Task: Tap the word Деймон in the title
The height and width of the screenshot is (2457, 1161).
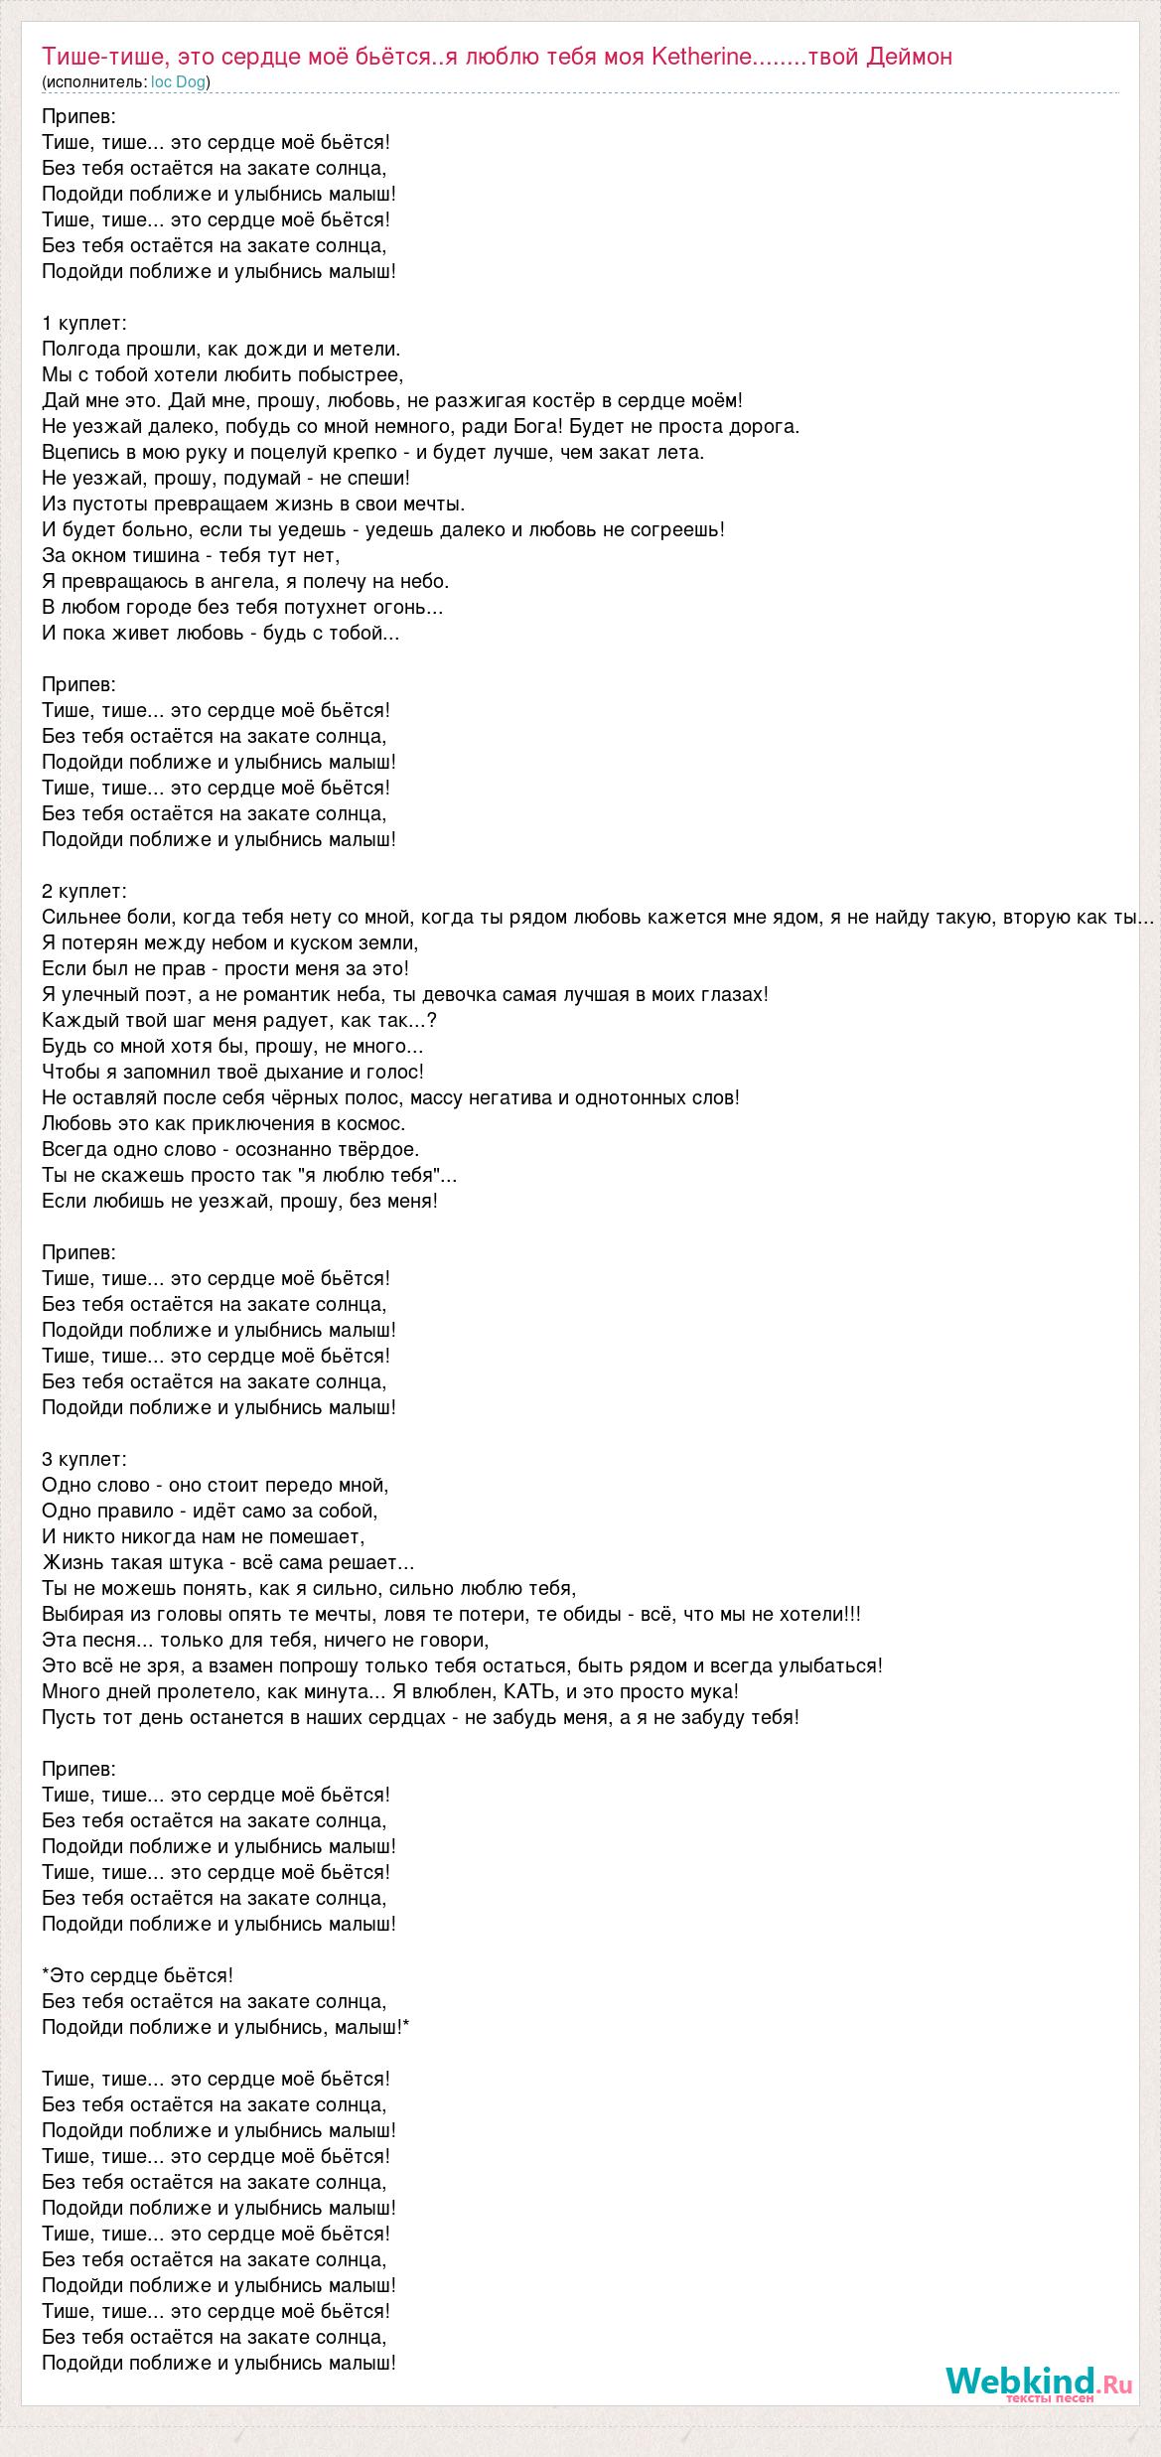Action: coord(909,57)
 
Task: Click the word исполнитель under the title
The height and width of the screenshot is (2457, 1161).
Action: coord(94,82)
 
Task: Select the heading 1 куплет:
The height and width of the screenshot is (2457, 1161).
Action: coord(84,323)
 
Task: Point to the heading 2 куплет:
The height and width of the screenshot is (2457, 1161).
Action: coord(84,891)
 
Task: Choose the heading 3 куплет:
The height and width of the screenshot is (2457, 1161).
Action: coord(84,1459)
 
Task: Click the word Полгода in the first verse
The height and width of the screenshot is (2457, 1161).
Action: coord(80,349)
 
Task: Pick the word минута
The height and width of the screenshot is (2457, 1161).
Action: coord(371,1691)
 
